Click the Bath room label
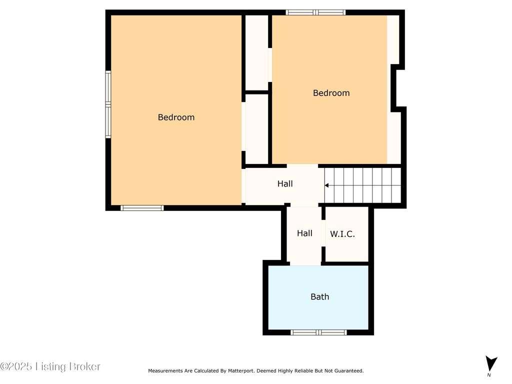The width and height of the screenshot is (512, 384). point(319,296)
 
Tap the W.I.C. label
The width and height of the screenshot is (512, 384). point(342,234)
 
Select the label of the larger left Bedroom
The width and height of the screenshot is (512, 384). point(176,117)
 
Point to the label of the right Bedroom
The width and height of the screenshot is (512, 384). point(331,93)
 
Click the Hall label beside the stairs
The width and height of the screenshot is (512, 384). point(285,184)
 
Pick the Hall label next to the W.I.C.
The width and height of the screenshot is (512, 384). point(304,233)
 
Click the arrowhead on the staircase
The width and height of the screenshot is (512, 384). point(326,185)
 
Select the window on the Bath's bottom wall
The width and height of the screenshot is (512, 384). point(318,332)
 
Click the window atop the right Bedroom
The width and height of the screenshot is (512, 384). point(315,12)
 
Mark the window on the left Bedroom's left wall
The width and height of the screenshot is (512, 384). point(108,104)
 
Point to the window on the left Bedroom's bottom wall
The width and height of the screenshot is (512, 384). point(142,208)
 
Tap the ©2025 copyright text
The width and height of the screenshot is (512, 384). point(16,366)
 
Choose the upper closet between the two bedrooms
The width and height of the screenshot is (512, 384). point(256,52)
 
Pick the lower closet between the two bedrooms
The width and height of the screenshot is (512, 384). point(256,129)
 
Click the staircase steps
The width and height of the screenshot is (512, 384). point(362,185)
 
